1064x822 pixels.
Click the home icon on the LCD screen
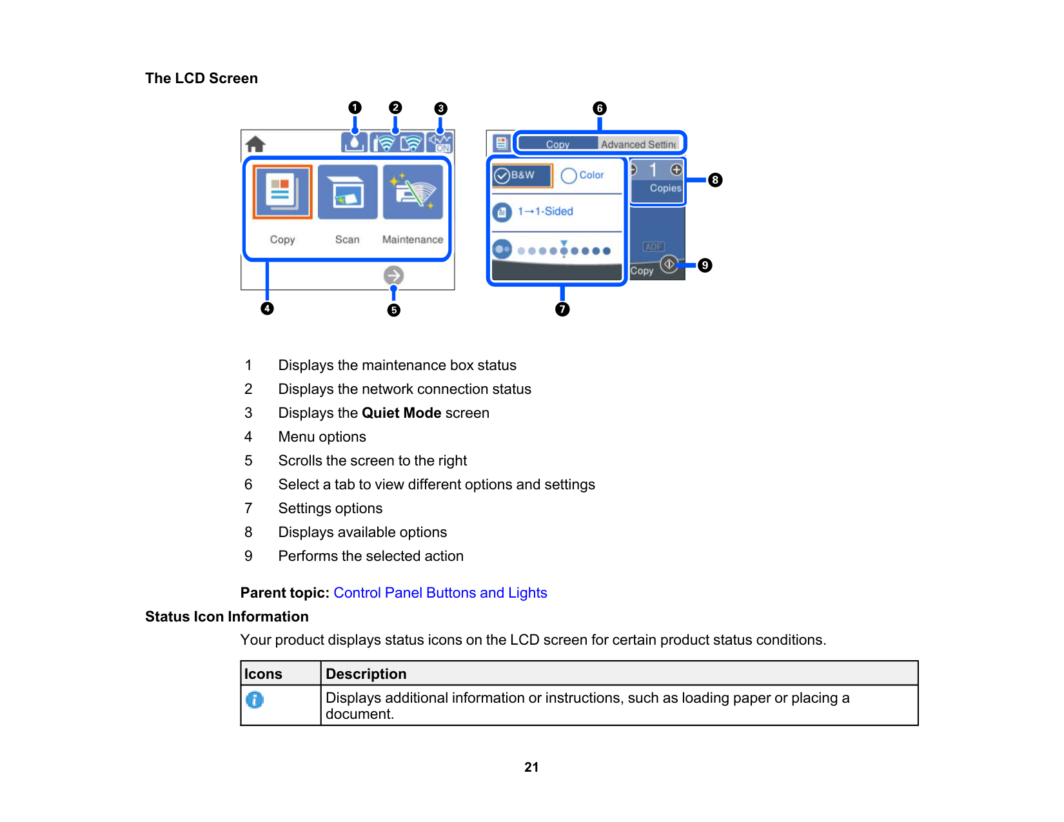click(x=255, y=144)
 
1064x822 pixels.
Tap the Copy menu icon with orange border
click(x=282, y=192)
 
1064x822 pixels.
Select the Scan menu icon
click(x=348, y=192)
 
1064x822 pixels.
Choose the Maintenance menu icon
click(x=413, y=192)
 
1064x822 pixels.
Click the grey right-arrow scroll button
click(x=393, y=276)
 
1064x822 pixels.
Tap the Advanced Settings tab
click(x=638, y=144)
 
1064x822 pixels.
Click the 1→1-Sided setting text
click(x=546, y=211)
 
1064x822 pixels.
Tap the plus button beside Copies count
click(x=676, y=170)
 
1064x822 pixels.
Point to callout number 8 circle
click(x=715, y=180)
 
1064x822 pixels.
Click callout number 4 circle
click(x=267, y=309)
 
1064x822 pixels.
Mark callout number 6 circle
click(x=600, y=108)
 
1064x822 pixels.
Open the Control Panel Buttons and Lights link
click(x=440, y=593)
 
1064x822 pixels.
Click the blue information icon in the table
click(x=255, y=700)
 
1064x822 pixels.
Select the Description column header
click(x=366, y=674)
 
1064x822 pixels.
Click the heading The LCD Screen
click(x=201, y=79)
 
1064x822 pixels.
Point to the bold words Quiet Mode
click(x=401, y=413)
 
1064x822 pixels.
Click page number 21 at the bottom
click(x=531, y=767)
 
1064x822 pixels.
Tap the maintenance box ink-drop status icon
click(x=355, y=142)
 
